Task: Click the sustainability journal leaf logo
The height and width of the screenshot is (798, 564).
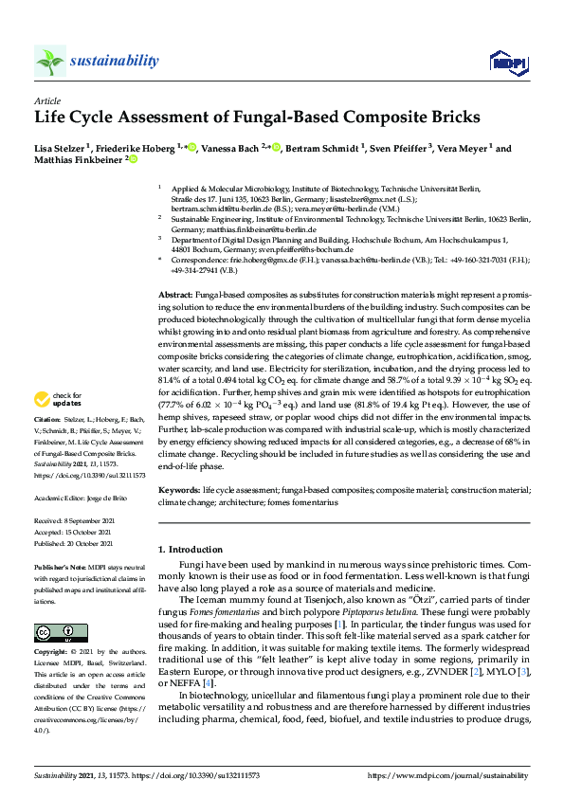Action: (x=50, y=61)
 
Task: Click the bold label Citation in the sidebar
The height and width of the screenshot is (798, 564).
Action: (x=47, y=444)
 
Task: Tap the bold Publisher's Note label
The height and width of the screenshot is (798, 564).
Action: (x=60, y=565)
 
